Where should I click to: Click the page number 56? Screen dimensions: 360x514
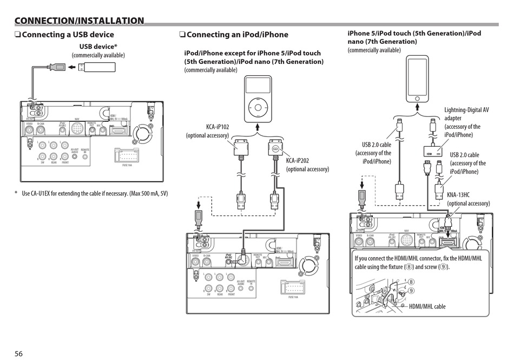18,354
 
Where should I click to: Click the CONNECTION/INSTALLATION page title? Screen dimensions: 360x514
80,21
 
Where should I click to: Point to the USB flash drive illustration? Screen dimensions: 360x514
98,68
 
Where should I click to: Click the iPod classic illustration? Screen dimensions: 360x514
257,99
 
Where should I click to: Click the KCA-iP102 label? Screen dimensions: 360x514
218,127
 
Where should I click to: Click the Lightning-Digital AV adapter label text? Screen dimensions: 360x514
466,122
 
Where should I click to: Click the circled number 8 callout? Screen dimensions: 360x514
411,282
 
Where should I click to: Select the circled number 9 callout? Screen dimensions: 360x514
411,291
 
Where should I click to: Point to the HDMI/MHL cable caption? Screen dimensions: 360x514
427,306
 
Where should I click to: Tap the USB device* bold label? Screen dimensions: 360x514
98,47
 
